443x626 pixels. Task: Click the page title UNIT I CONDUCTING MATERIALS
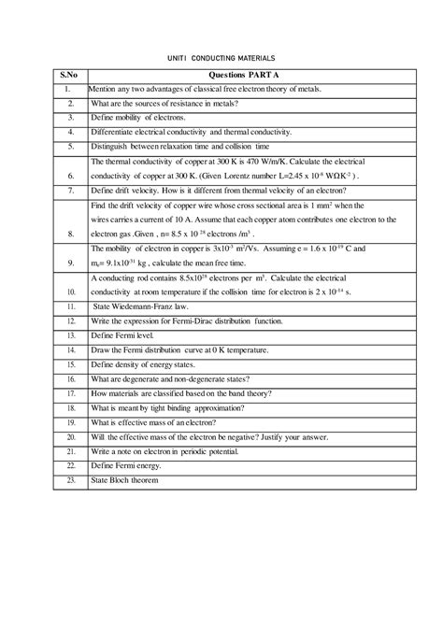221,57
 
